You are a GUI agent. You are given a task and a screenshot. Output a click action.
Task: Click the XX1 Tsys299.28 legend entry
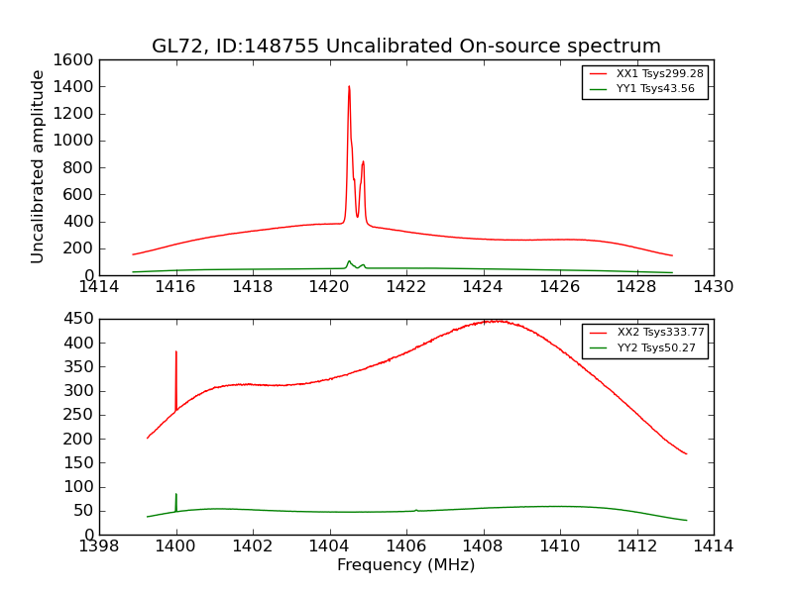click(643, 74)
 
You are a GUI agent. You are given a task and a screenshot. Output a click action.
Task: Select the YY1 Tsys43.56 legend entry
click(643, 89)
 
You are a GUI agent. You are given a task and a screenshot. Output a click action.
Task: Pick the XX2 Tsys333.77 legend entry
click(643, 333)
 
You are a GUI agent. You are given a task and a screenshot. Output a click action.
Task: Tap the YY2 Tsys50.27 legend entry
click(643, 347)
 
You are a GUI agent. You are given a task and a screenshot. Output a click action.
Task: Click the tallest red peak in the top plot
click(349, 87)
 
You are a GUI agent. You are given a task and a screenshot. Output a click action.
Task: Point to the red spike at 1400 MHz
click(176, 352)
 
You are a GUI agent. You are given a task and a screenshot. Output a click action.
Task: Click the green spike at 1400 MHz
click(176, 495)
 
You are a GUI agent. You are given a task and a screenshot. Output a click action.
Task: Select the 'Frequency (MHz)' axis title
click(405, 565)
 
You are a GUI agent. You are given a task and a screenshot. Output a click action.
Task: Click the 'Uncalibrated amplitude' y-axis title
click(39, 166)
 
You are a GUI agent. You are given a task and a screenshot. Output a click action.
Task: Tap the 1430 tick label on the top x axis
click(713, 287)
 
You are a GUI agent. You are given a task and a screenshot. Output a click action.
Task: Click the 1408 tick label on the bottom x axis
click(483, 546)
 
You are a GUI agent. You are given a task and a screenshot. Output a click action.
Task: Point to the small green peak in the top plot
click(349, 261)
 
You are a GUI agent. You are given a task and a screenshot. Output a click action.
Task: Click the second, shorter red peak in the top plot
click(364, 162)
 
